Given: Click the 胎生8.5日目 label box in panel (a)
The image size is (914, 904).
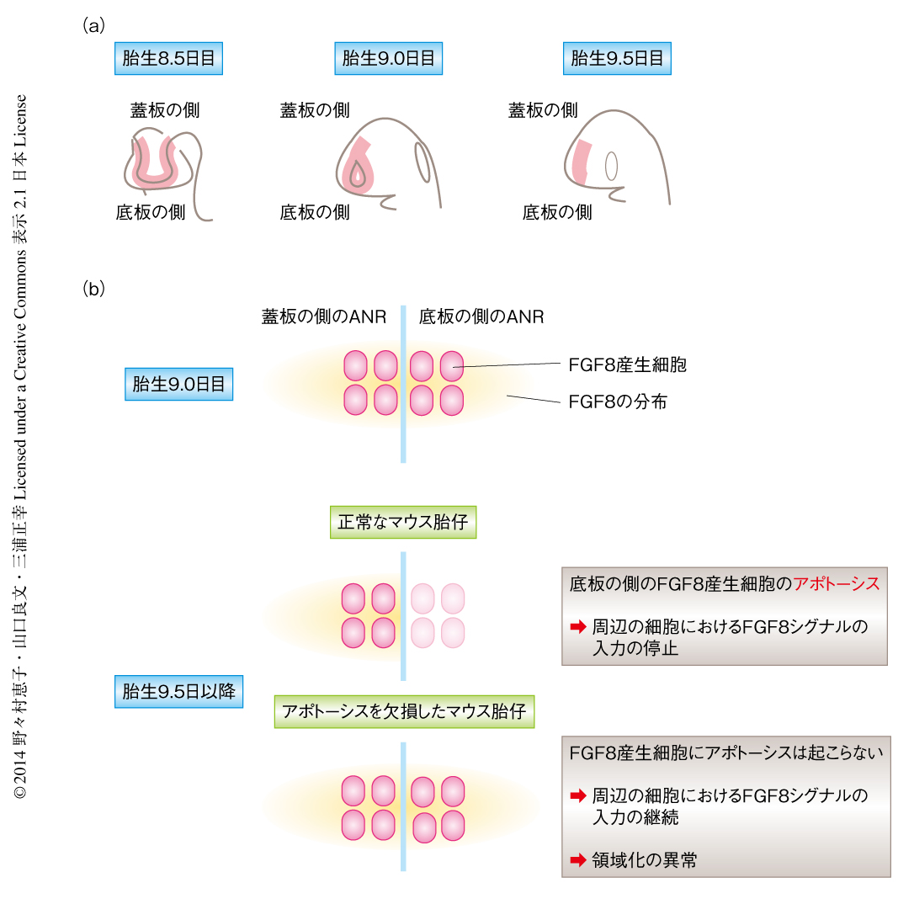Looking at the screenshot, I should tap(169, 59).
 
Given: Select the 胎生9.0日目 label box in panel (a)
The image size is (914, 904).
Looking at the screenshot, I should tap(388, 59).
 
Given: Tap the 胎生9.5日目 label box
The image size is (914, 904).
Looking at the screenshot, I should tap(617, 59).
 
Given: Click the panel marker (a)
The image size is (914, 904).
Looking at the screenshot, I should tap(93, 26).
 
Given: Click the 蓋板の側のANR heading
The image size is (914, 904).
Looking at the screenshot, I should tap(323, 317).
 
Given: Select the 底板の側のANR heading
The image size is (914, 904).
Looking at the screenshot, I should tap(481, 317).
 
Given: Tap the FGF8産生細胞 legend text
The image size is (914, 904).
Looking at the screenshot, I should tap(628, 365).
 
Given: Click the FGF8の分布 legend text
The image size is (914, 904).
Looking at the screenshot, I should tap(618, 402).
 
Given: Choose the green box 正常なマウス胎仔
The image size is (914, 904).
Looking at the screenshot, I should tap(403, 523).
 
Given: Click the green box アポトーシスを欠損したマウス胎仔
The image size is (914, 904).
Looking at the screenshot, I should tap(404, 711).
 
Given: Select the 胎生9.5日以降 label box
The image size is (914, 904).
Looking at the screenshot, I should tap(178, 692).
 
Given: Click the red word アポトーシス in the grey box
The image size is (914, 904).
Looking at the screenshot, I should tap(836, 584).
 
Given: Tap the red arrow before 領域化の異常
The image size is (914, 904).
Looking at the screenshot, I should tap(577, 860).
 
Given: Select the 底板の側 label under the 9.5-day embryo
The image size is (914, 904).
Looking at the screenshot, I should tap(557, 212).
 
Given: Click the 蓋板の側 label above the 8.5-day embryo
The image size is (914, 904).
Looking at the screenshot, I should tap(165, 110).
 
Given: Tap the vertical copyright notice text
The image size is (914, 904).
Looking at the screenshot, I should tap(21, 446).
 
